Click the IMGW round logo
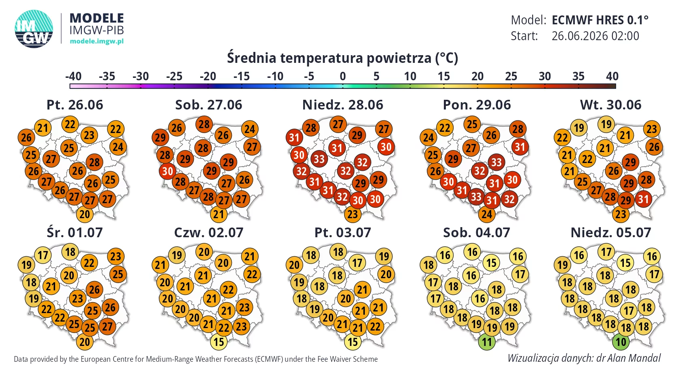pos(34,29)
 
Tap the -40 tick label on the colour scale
pos(73,76)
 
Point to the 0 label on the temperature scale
pos(343,76)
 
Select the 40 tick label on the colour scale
pos(612,76)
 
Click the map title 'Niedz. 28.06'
pos(343,105)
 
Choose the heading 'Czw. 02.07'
pos(208,233)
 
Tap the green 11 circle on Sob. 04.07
pos(487,341)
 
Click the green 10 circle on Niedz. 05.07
pos(621,341)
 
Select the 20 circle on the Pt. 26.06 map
pos(84,214)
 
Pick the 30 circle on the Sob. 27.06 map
pos(167,171)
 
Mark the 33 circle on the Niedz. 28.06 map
pos(319,159)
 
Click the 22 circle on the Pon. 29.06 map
pos(444,128)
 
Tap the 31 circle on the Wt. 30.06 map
pos(643,199)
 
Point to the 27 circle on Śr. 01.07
pos(107,326)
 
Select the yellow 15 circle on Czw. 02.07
pos(218,341)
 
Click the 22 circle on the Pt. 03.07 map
pos(375,326)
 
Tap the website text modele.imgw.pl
pos(96,41)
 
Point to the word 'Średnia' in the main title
pos(251,58)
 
